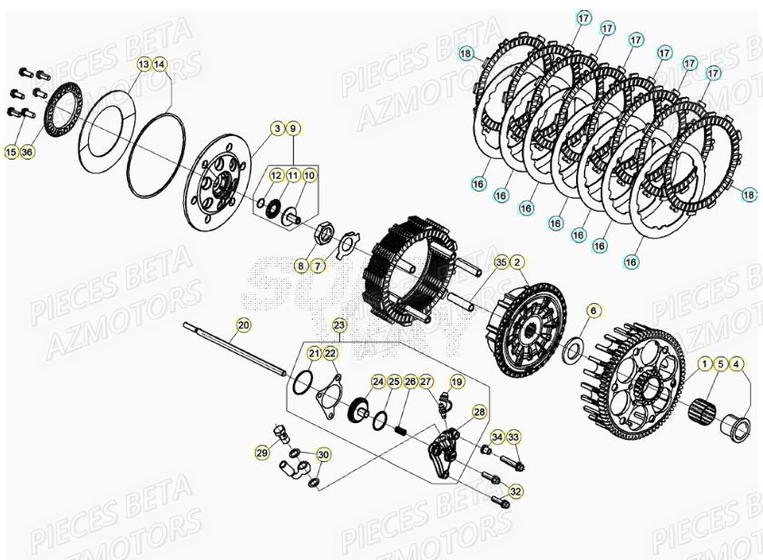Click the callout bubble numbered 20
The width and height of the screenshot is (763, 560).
point(243,324)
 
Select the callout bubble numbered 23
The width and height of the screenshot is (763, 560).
point(338,324)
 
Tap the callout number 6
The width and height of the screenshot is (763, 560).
point(592,310)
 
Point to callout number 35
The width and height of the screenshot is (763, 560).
point(501,262)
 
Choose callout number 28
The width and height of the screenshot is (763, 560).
point(479,412)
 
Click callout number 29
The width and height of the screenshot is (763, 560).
point(261,452)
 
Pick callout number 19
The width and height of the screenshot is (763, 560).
point(456,382)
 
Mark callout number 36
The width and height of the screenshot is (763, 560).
point(26,152)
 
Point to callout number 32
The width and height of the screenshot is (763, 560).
point(515,491)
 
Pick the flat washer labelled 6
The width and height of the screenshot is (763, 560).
point(574,350)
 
